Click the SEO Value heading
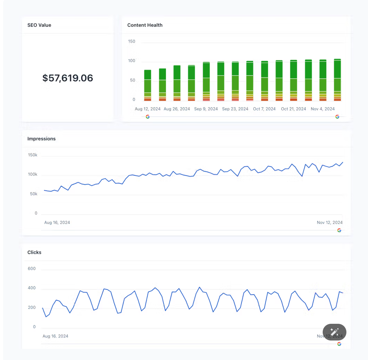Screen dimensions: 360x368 pos(39,25)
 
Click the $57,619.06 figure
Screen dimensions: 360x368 pos(68,78)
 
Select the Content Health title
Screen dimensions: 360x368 pos(145,25)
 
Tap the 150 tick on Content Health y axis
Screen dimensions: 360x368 pos(132,41)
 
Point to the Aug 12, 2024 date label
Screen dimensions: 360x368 pos(148,109)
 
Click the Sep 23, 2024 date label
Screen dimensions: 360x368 pos(235,109)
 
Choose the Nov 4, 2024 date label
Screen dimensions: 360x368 pos(323,109)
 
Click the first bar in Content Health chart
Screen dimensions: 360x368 pos(148,85)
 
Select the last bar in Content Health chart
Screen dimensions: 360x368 pos(337,80)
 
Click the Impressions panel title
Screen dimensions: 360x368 pos(41,139)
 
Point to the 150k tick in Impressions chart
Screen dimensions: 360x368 pos(33,155)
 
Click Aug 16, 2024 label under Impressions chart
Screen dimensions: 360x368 pos(57,222)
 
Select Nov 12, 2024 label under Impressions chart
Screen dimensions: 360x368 pos(330,222)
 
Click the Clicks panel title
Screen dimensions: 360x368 pos(34,252)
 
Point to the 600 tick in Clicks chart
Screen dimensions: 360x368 pos(32,269)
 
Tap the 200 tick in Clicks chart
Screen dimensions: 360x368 pos(32,308)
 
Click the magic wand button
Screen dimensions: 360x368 pos(335,332)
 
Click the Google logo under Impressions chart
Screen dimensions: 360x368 pos(339,230)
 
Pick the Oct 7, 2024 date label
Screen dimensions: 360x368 pos(264,109)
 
